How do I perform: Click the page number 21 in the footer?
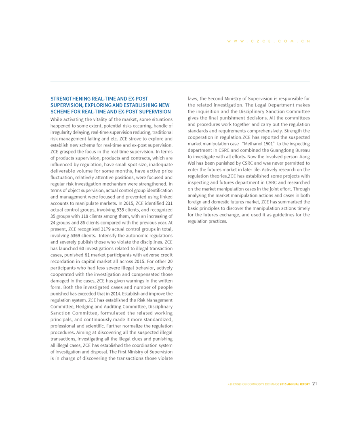click(x=314, y=384)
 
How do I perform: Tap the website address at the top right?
click(x=269, y=41)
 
